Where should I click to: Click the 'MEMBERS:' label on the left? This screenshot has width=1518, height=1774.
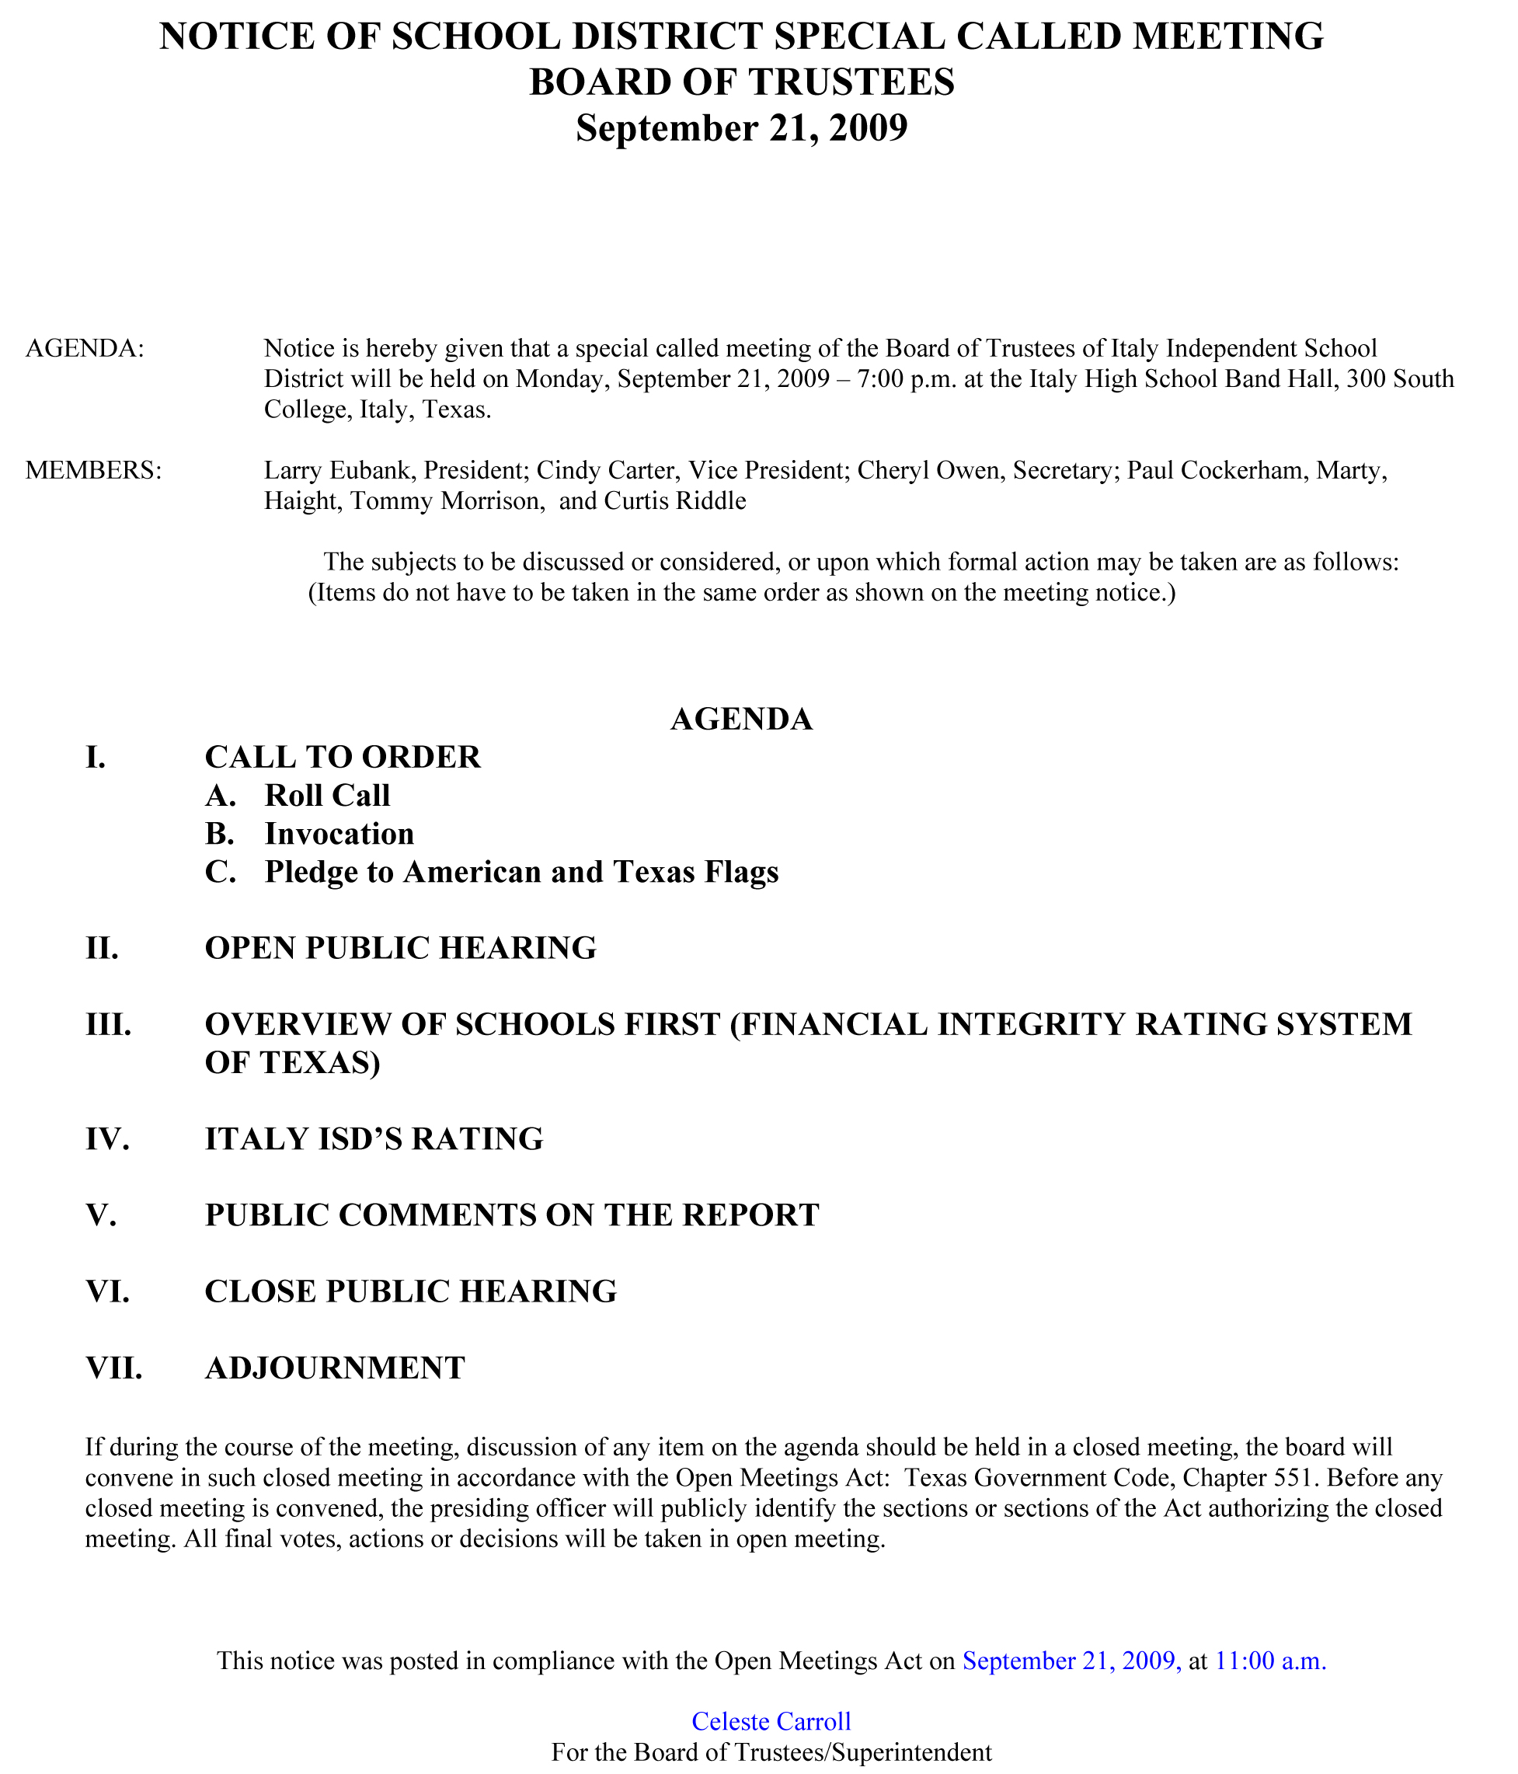(x=93, y=470)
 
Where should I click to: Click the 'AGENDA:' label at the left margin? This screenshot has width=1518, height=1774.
(x=85, y=348)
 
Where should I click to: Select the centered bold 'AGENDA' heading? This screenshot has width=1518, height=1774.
(x=741, y=720)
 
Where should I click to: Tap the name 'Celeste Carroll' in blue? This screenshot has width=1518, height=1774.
(x=771, y=1720)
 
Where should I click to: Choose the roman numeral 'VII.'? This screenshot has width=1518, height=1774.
(x=114, y=1368)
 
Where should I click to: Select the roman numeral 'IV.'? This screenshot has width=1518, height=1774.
(x=108, y=1138)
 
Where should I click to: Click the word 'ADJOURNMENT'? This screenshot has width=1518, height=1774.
(x=335, y=1368)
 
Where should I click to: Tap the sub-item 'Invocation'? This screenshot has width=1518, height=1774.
(x=339, y=833)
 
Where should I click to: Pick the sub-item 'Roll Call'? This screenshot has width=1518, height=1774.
(x=327, y=796)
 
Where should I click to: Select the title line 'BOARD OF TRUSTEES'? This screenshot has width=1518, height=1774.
(x=741, y=82)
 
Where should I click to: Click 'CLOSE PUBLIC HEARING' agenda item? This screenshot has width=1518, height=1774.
(x=410, y=1291)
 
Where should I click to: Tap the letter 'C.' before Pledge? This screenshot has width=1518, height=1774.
(x=220, y=872)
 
